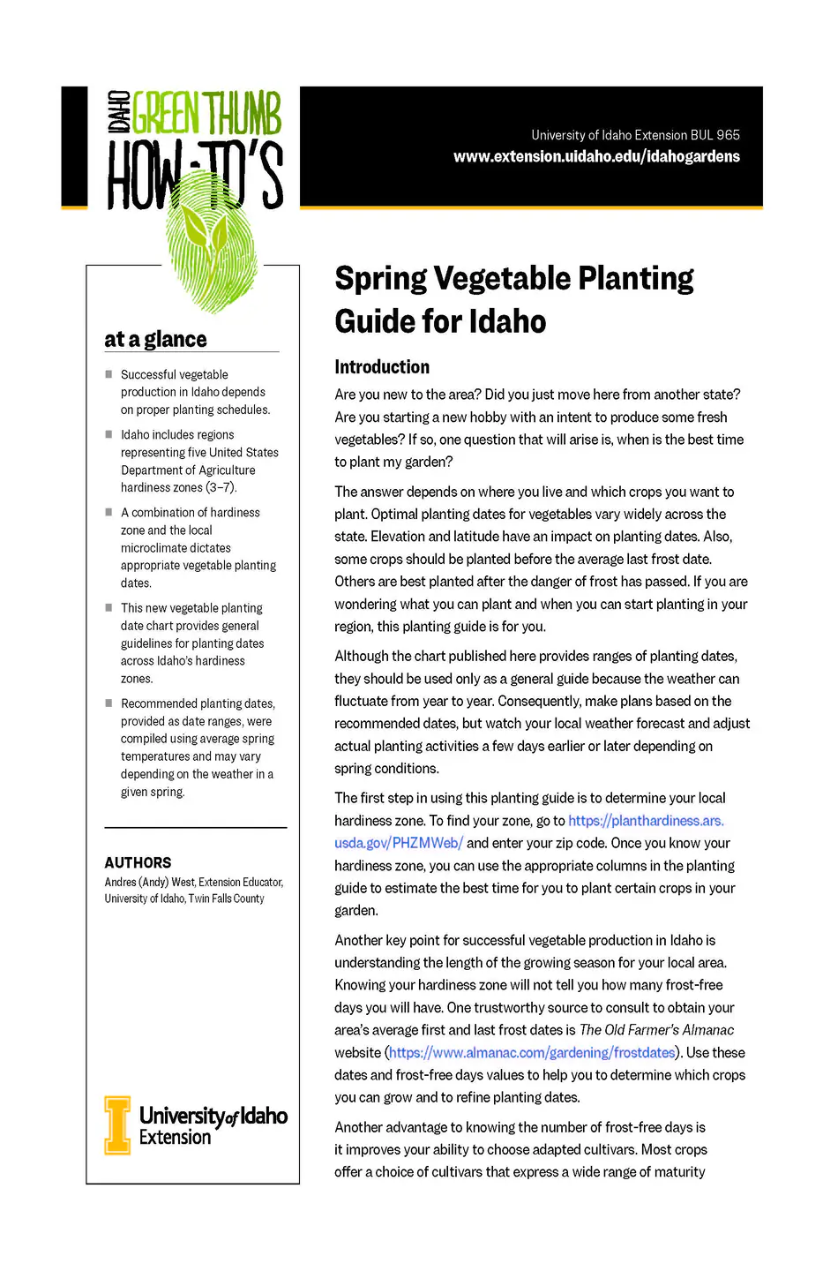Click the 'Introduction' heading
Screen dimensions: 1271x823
(382, 367)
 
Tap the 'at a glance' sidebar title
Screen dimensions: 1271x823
(155, 339)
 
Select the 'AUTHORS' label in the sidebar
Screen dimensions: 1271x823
(138, 862)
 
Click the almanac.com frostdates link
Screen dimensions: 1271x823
(532, 1053)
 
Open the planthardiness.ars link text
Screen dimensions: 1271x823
(646, 821)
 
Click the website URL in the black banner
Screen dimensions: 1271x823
(596, 156)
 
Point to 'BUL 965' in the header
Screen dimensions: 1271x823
(715, 135)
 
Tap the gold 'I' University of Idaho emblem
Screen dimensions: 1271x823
(116, 1125)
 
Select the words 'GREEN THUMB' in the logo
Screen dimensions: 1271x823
(206, 115)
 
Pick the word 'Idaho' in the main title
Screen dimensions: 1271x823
(507, 321)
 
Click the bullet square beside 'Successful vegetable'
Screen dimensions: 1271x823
(108, 374)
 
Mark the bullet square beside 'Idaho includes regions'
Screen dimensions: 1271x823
(108, 434)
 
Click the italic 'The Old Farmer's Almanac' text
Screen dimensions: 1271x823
(656, 1030)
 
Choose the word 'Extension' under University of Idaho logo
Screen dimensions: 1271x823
(175, 1138)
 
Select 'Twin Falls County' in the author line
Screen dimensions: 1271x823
(226, 899)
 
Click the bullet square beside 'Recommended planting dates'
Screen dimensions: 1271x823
(108, 703)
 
